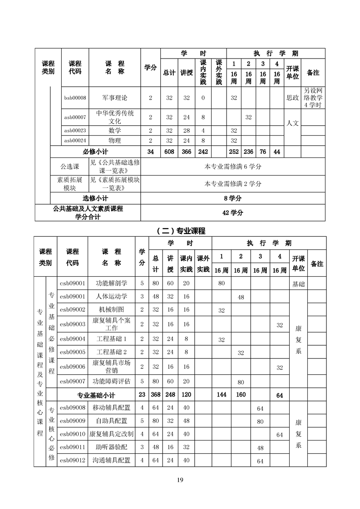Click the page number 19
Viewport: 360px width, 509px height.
point(180,480)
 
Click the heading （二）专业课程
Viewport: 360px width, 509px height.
point(180,230)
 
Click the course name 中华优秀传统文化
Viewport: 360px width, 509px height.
point(115,117)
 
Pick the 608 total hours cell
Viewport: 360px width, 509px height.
point(169,152)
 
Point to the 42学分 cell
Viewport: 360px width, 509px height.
point(233,212)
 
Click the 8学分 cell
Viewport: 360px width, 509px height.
point(233,198)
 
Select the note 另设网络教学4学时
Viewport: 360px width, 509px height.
point(313,98)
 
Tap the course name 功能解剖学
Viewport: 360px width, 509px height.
point(112,283)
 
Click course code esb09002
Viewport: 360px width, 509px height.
point(73,310)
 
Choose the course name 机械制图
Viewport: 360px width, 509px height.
point(112,310)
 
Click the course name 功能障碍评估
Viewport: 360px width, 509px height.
point(112,381)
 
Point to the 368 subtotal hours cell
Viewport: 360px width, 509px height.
point(156,395)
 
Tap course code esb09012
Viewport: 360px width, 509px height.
point(73,460)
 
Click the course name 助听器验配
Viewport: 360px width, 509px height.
point(112,447)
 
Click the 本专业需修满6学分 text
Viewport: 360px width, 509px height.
point(233,166)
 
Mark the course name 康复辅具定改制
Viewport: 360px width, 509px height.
point(112,434)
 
